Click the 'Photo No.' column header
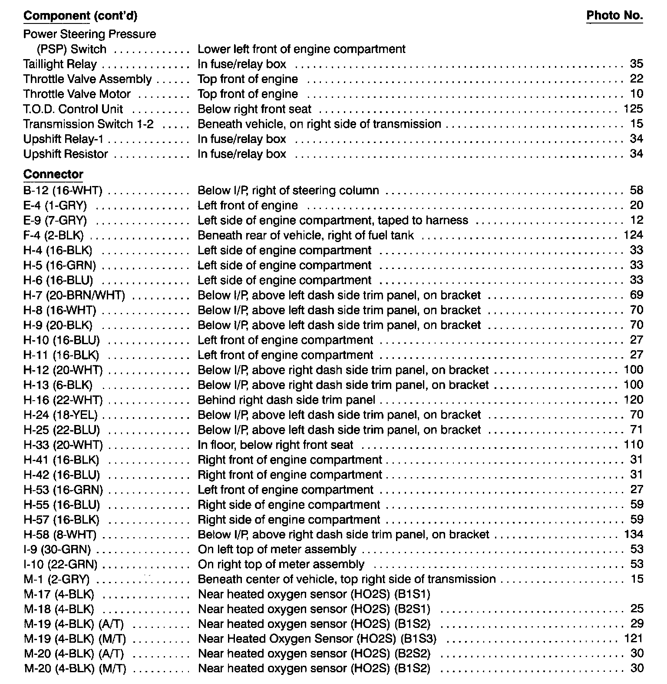pyautogui.click(x=614, y=16)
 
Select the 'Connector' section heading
pyautogui.click(x=53, y=174)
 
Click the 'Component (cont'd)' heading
pyautogui.click(x=80, y=16)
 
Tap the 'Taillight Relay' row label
pyautogui.click(x=60, y=64)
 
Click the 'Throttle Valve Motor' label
pyautogui.click(x=77, y=94)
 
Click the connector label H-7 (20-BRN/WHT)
pyautogui.click(x=74, y=296)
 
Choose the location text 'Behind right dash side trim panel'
pyautogui.click(x=286, y=400)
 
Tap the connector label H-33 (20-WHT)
pyautogui.click(x=63, y=445)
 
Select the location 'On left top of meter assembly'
pyautogui.click(x=277, y=550)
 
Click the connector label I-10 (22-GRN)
pyautogui.click(x=60, y=564)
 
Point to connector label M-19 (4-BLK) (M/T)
pyautogui.click(x=75, y=639)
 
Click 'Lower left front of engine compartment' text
pyautogui.click(x=301, y=49)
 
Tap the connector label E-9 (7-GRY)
pyautogui.click(x=55, y=221)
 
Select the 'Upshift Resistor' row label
pyautogui.click(x=66, y=154)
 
